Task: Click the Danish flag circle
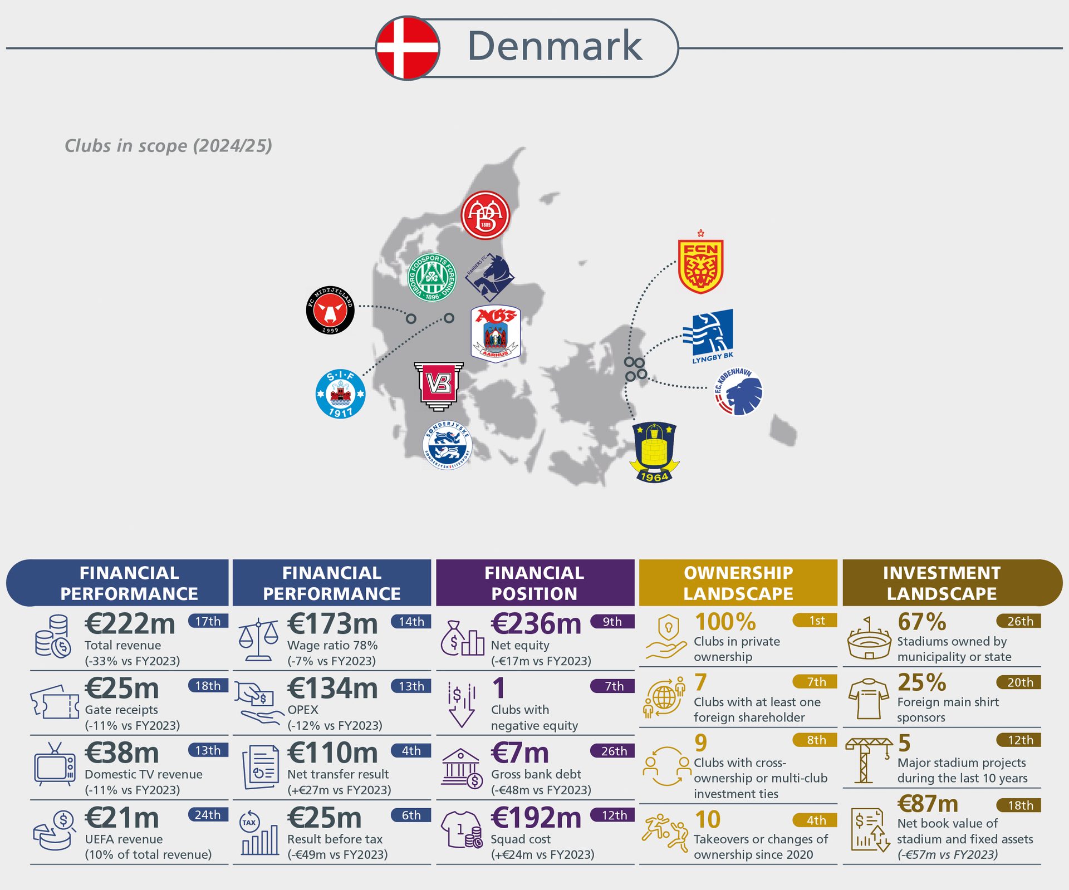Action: click(x=408, y=48)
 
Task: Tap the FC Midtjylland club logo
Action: click(x=330, y=311)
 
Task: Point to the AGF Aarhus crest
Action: click(x=496, y=333)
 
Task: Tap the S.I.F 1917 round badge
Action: click(x=340, y=394)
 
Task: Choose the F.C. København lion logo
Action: click(x=739, y=392)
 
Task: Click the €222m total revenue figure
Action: click(x=130, y=623)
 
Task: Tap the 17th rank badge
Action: click(x=208, y=621)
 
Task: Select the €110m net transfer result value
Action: click(x=332, y=753)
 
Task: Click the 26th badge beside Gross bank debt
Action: click(x=613, y=751)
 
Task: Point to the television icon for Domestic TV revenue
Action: click(x=54, y=765)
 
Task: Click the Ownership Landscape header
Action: click(x=738, y=583)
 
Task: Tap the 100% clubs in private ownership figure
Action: click(x=725, y=622)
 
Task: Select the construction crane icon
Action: click(x=866, y=760)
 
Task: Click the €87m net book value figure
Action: click(x=928, y=804)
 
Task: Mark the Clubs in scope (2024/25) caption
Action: click(x=168, y=146)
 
